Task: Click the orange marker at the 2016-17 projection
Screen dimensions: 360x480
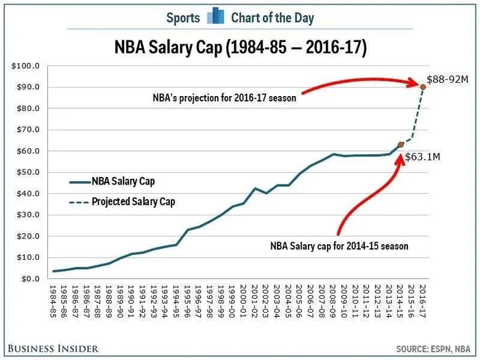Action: [x=422, y=86]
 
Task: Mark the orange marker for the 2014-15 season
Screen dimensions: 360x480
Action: [x=400, y=145]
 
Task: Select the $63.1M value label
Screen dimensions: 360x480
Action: [x=422, y=157]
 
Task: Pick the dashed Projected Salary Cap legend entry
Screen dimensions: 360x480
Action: [x=121, y=202]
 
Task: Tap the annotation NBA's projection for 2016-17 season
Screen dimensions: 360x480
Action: [x=224, y=98]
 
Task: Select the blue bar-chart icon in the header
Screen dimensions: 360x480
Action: [x=216, y=16]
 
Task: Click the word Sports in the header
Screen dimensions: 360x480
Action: [x=183, y=17]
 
